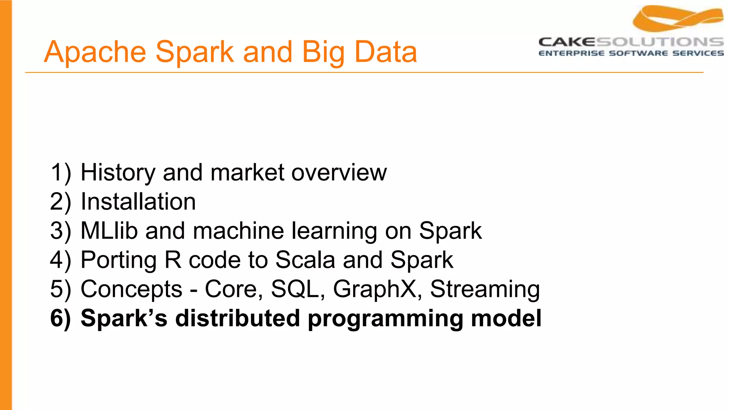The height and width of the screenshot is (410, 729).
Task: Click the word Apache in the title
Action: click(x=95, y=52)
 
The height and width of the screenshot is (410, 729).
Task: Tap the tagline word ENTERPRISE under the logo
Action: click(x=571, y=53)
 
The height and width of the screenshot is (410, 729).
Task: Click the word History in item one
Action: click(x=118, y=173)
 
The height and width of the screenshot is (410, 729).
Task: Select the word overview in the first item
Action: click(x=339, y=173)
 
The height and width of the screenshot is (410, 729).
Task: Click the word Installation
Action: click(x=138, y=202)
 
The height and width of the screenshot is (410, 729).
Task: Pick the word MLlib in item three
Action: click(x=109, y=231)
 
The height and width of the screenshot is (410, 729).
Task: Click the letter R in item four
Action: click(x=173, y=260)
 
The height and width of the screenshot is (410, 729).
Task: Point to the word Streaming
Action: click(x=485, y=289)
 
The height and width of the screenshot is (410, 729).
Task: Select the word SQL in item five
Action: click(x=295, y=289)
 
